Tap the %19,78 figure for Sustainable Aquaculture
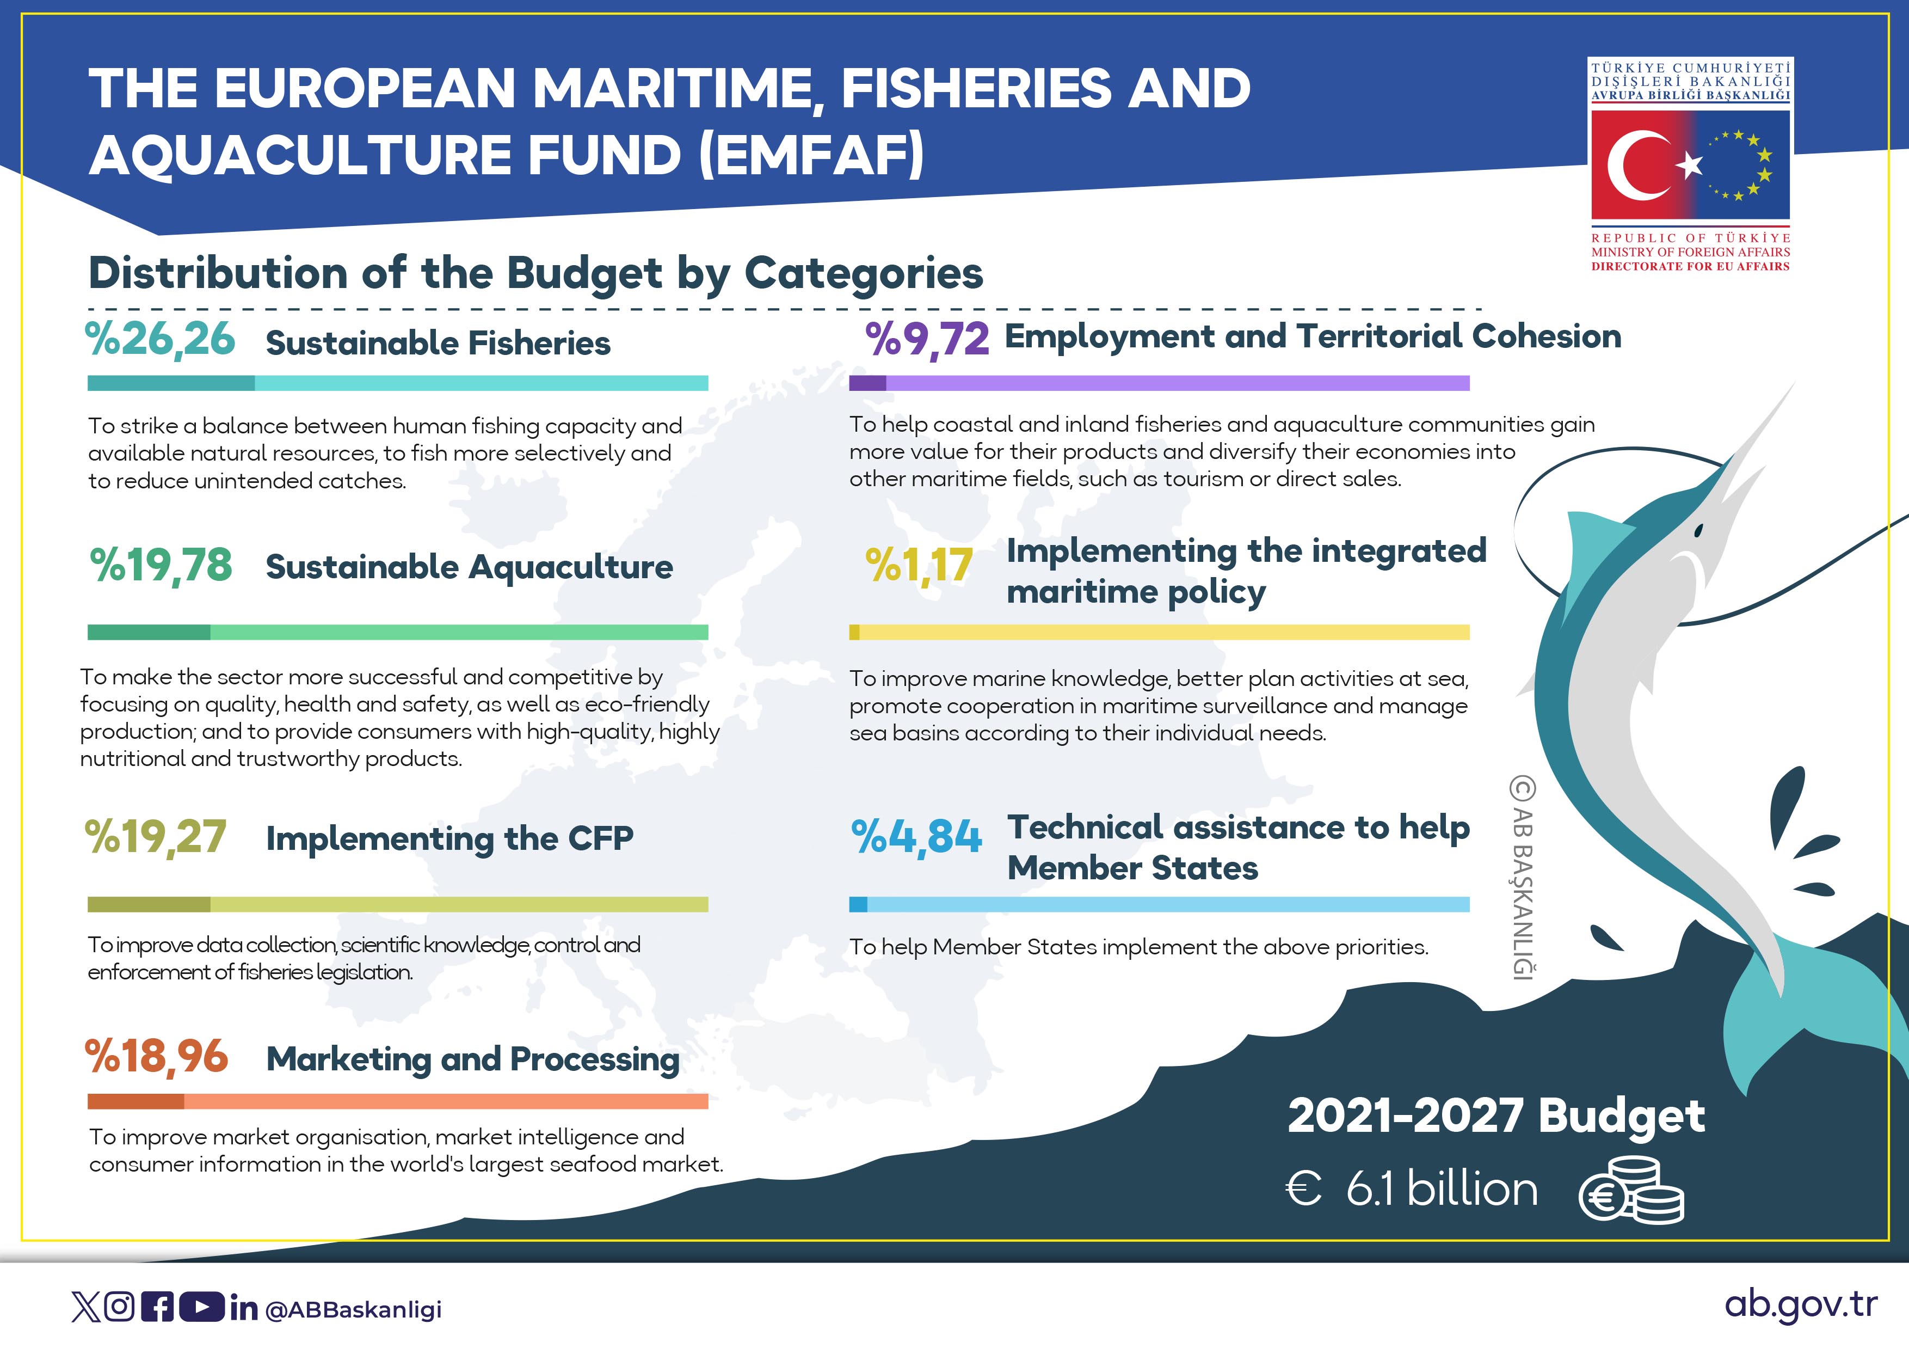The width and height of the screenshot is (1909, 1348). [161, 566]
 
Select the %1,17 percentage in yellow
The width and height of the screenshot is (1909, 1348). [919, 566]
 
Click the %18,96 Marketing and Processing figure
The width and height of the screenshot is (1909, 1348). [156, 1057]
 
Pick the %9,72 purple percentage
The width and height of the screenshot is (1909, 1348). [927, 339]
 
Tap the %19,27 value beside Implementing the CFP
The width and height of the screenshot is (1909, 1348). [156, 837]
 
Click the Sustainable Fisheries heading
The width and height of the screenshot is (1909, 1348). [438, 344]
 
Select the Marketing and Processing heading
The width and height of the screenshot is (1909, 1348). [473, 1059]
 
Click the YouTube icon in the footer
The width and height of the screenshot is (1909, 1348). [201, 1307]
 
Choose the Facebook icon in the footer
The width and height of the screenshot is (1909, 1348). [158, 1307]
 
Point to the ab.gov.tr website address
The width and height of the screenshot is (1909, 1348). [1801, 1305]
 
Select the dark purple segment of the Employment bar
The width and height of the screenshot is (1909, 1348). [867, 383]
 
